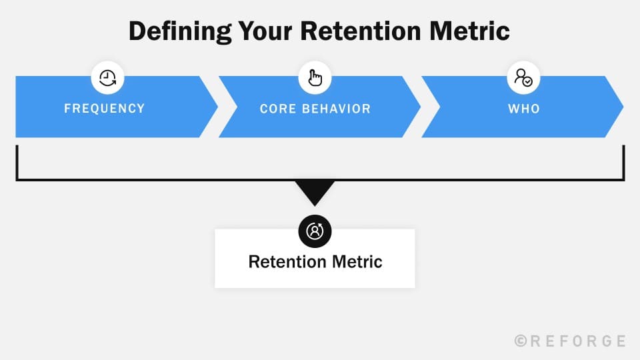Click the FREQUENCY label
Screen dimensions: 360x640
click(104, 108)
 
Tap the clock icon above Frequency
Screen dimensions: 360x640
click(107, 79)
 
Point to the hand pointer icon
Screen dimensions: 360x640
click(315, 79)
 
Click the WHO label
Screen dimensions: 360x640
click(523, 108)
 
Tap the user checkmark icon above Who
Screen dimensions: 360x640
click(523, 79)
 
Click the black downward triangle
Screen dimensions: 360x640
click(315, 191)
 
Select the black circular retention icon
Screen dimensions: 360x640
click(315, 231)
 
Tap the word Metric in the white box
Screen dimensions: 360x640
click(359, 261)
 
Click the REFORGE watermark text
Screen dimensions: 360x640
click(577, 341)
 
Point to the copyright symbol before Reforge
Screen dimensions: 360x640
click(521, 341)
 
